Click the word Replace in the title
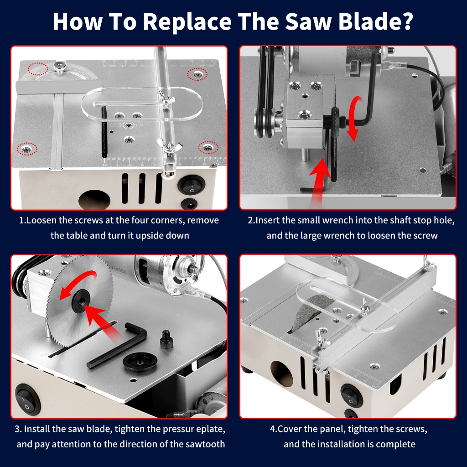pyautogui.click(x=187, y=21)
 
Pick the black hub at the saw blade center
pyautogui.click(x=79, y=303)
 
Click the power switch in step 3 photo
pyautogui.click(x=27, y=400)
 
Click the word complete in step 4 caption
pyautogui.click(x=395, y=444)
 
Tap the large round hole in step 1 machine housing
pyautogui.click(x=94, y=200)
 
